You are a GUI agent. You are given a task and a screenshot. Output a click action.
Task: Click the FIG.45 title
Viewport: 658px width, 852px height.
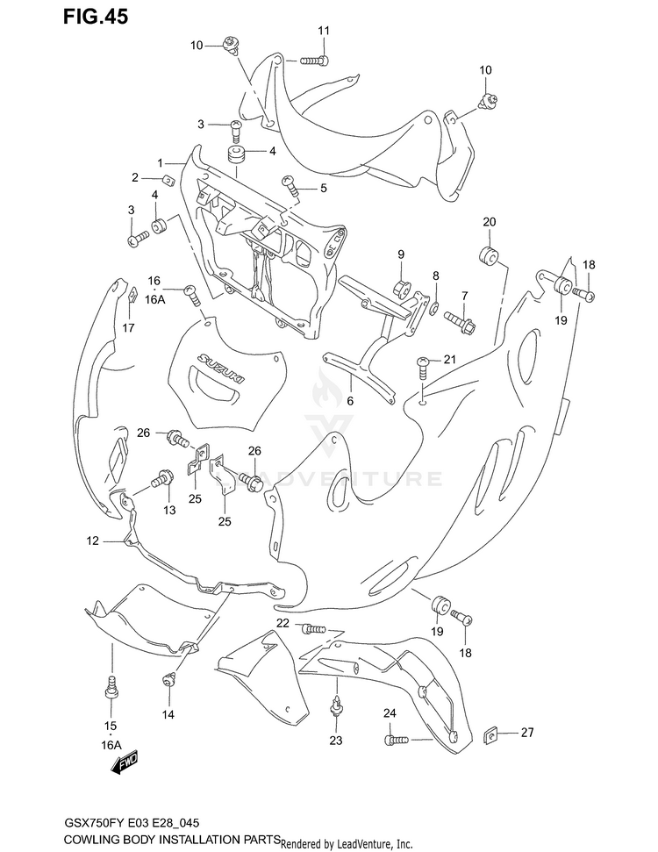pyautogui.click(x=95, y=17)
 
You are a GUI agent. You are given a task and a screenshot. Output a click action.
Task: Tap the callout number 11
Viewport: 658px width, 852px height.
pyautogui.click(x=324, y=31)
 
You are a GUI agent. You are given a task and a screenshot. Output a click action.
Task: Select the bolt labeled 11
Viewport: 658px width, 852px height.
pyautogui.click(x=314, y=61)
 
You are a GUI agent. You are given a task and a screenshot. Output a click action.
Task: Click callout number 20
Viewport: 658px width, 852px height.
pyautogui.click(x=489, y=222)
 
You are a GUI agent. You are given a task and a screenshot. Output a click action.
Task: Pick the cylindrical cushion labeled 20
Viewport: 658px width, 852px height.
pyautogui.click(x=488, y=256)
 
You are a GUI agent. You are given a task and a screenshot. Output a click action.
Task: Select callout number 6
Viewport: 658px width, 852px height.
pyautogui.click(x=350, y=401)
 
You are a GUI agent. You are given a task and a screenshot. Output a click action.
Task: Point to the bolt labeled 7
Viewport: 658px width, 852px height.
pyautogui.click(x=461, y=322)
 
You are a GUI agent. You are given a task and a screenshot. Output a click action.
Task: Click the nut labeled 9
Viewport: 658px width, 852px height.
pyautogui.click(x=401, y=287)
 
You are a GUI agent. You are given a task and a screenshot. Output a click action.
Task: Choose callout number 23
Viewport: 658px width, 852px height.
pyautogui.click(x=336, y=740)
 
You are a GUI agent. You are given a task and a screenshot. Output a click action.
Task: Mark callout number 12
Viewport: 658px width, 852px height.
pyautogui.click(x=92, y=541)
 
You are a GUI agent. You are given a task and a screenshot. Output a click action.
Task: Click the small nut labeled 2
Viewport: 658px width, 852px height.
pyautogui.click(x=168, y=179)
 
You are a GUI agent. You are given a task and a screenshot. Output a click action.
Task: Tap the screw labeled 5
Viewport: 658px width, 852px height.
pyautogui.click(x=290, y=185)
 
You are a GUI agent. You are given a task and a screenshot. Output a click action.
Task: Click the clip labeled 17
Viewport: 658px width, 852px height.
pyautogui.click(x=131, y=293)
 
